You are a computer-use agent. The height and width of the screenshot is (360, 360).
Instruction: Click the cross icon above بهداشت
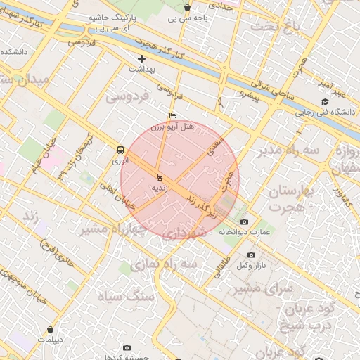pos(141,58)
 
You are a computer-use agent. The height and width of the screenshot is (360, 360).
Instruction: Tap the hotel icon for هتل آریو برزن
pos(173,116)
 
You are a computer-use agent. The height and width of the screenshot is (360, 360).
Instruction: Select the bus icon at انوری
pos(120,150)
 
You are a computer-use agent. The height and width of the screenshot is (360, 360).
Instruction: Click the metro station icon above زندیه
pos(160,176)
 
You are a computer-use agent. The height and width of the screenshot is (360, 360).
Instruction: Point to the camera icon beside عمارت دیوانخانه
pos(245,222)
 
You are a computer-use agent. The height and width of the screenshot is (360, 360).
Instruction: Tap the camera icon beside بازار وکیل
pos(251,255)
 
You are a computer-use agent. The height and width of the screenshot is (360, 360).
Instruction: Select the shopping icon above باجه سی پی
pos(187,8)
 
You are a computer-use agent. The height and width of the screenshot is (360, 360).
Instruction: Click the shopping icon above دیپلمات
pos(50,329)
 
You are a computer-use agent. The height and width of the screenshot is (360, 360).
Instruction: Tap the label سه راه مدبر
pos(288,150)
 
